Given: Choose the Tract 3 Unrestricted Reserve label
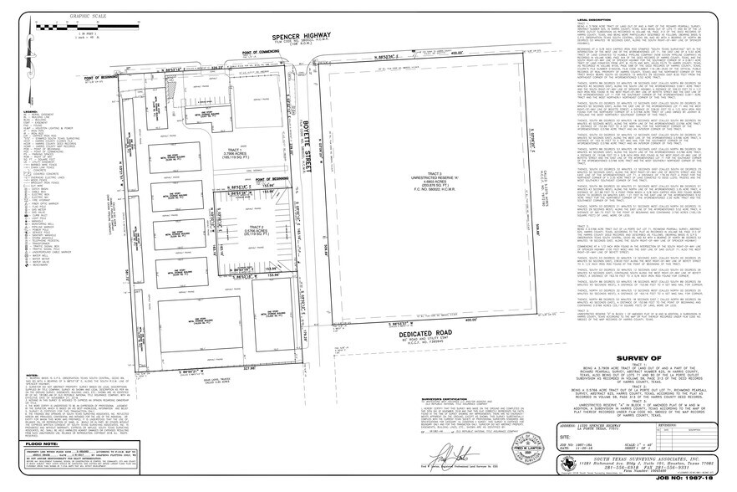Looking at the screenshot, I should pos(411,200).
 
